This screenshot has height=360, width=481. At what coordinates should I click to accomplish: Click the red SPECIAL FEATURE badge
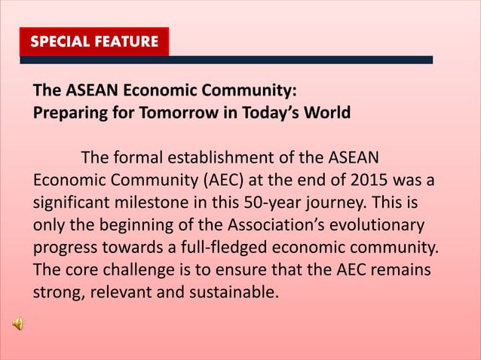coord(94,41)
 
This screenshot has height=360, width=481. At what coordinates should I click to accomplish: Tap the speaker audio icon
coord(18,324)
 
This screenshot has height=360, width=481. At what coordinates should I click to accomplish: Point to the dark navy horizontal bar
coord(302,59)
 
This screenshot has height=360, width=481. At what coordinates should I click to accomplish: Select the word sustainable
coord(230,292)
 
